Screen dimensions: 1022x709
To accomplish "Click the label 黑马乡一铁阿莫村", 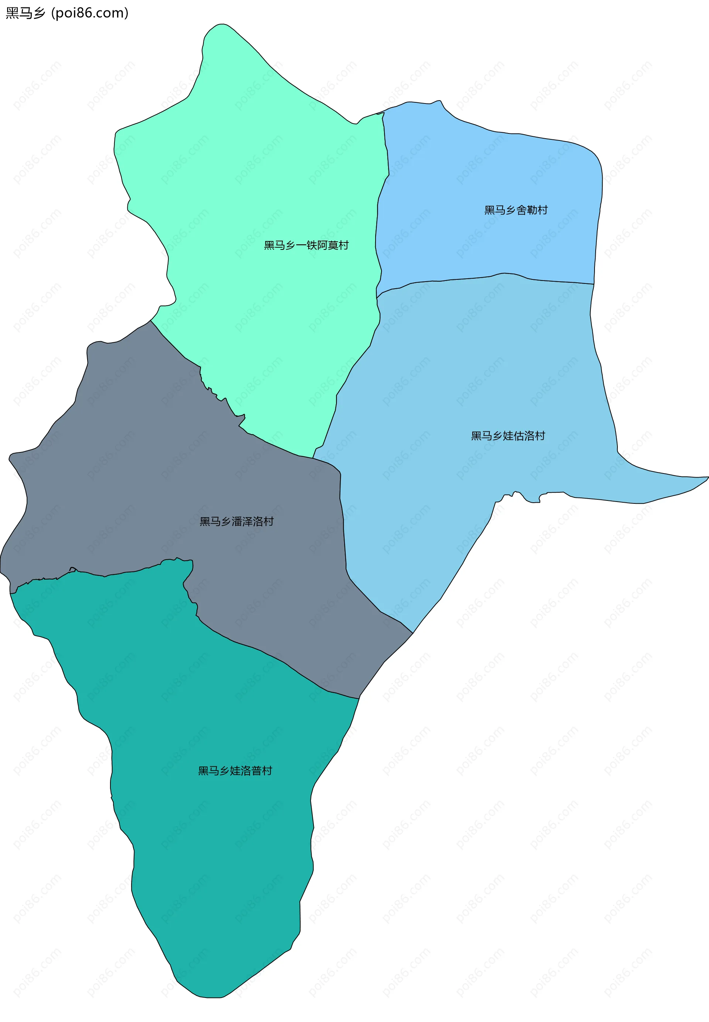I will (x=306, y=245).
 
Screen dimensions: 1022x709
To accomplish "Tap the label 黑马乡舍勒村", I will (x=516, y=210).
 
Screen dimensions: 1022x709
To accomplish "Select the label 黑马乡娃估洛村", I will (x=508, y=436).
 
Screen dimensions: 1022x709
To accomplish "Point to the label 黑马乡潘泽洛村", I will (x=236, y=522).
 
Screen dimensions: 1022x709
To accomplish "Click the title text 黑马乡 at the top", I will (x=25, y=13).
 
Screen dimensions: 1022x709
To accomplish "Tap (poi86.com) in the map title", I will (x=90, y=13).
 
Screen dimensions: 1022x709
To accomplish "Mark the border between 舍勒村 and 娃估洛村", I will (x=489, y=277).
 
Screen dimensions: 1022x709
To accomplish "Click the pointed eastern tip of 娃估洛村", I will (x=707, y=478).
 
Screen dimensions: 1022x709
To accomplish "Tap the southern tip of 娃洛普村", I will (x=209, y=998).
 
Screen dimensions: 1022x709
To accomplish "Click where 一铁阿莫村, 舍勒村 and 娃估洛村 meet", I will (x=377, y=297).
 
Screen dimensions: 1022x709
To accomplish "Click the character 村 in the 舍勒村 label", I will (x=543, y=210).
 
